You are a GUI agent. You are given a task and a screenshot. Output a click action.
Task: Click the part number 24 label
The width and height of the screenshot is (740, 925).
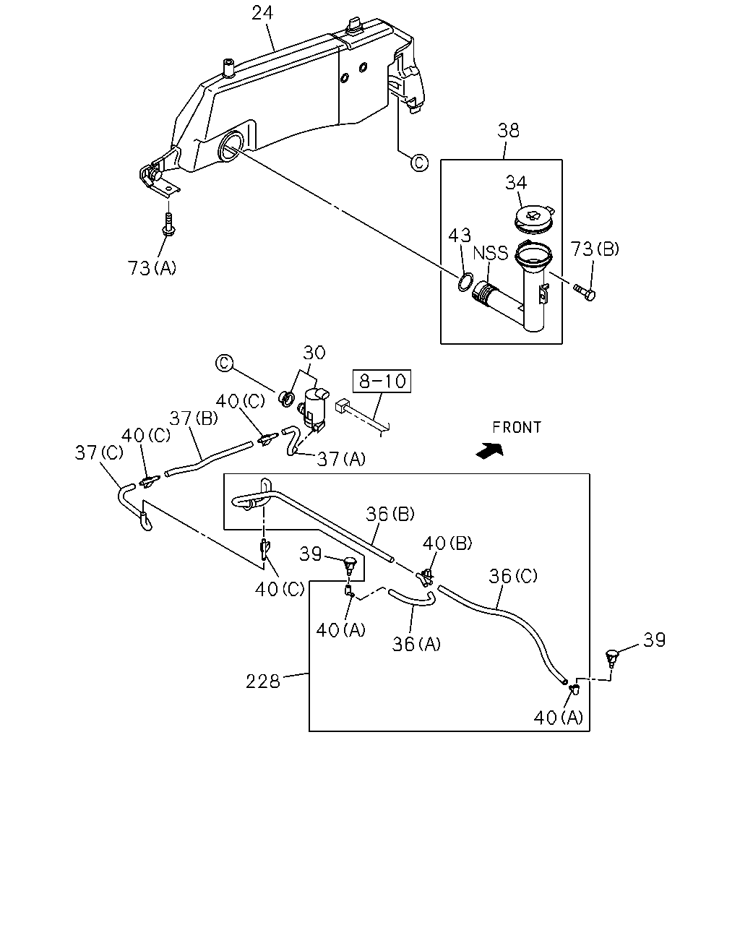click(262, 13)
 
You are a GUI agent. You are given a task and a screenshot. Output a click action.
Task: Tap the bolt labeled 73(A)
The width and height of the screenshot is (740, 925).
click(168, 225)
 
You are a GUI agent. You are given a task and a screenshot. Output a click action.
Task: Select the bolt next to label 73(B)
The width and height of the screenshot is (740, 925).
click(585, 292)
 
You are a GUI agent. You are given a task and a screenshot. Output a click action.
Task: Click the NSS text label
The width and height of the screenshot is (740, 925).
click(490, 253)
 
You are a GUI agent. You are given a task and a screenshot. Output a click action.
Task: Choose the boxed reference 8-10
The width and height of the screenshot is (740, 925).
click(382, 381)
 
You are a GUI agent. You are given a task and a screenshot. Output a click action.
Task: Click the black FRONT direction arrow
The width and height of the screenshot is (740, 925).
click(489, 451)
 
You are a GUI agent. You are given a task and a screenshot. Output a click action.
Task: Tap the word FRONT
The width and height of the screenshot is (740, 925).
click(517, 427)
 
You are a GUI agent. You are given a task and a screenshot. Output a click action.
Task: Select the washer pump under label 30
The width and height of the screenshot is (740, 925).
click(315, 409)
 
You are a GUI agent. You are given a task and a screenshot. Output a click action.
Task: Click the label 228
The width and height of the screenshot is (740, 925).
click(263, 681)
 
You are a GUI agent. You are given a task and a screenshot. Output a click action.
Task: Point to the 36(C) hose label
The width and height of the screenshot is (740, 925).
click(513, 576)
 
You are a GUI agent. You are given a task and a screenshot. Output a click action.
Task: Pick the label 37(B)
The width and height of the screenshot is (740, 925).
click(194, 418)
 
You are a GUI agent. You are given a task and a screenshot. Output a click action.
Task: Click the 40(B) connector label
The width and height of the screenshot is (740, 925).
click(447, 543)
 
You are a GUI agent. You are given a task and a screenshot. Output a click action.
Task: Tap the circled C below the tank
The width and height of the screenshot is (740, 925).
click(419, 163)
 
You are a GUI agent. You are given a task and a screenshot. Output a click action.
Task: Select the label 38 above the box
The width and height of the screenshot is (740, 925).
click(508, 130)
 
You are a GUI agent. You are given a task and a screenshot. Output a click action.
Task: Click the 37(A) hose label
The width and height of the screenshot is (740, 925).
click(341, 459)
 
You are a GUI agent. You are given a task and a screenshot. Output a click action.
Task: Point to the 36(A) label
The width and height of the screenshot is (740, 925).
click(416, 644)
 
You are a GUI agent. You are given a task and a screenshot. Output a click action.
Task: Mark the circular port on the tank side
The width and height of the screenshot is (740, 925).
click(231, 147)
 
